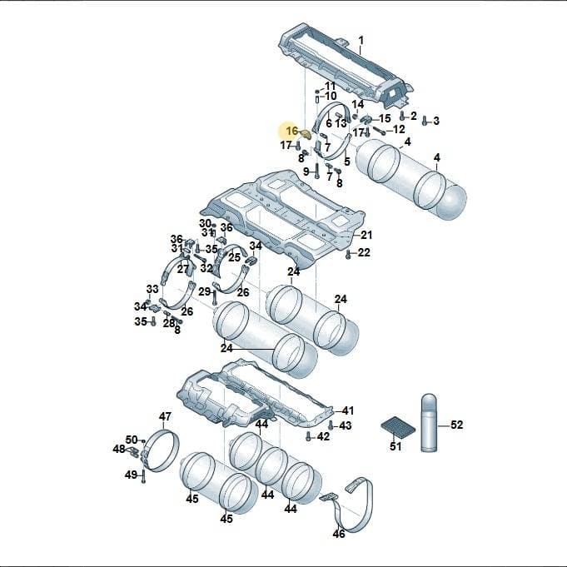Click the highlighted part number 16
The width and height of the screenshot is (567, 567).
click(291, 131)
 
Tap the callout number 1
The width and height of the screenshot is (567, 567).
click(361, 40)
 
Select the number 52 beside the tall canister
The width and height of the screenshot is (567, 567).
click(457, 424)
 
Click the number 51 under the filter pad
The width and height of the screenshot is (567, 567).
click(395, 446)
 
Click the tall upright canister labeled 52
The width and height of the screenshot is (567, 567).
click(430, 423)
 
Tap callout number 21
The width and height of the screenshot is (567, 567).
click(366, 235)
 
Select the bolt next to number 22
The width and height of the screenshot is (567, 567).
click(348, 254)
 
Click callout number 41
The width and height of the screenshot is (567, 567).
click(347, 410)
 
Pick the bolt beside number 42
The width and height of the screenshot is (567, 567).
click(308, 436)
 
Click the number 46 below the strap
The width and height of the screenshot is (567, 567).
click(339, 534)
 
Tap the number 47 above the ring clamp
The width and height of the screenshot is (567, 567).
click(165, 416)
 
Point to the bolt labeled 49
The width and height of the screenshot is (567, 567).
click(143, 476)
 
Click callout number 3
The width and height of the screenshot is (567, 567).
click(436, 121)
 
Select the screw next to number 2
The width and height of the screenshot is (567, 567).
click(402, 116)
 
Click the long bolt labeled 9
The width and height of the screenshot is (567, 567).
click(316, 171)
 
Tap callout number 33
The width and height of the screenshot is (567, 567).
click(152, 289)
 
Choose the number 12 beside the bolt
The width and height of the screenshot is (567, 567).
click(399, 129)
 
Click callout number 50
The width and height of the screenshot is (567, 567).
click(132, 440)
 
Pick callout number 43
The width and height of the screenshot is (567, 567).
click(345, 425)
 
